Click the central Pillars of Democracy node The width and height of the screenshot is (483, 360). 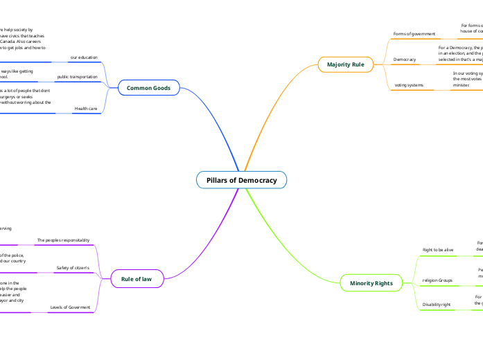pyautogui.click(x=241, y=180)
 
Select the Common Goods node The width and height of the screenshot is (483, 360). pyautogui.click(x=148, y=88)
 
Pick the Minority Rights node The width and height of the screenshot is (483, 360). pyautogui.click(x=371, y=283)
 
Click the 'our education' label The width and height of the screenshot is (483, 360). pyautogui.click(x=84, y=57)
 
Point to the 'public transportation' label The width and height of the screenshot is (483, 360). pyautogui.click(x=77, y=77)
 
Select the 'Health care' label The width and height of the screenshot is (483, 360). pyautogui.click(x=86, y=109)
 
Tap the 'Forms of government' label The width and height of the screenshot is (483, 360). pyautogui.click(x=414, y=34)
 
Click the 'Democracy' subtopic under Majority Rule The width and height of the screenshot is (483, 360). pyautogui.click(x=405, y=60)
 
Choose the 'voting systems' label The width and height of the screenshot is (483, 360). pyautogui.click(x=409, y=85)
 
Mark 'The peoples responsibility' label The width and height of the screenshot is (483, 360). pyautogui.click(x=63, y=240)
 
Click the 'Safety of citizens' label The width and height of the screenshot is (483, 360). pyautogui.click(x=73, y=267)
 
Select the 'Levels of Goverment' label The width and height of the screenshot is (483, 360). pyautogui.click(x=70, y=307)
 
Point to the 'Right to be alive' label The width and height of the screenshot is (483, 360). pyautogui.click(x=438, y=249)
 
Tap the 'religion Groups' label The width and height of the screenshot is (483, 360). pyautogui.click(x=437, y=280)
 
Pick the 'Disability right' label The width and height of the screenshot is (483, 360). pyautogui.click(x=437, y=305)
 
